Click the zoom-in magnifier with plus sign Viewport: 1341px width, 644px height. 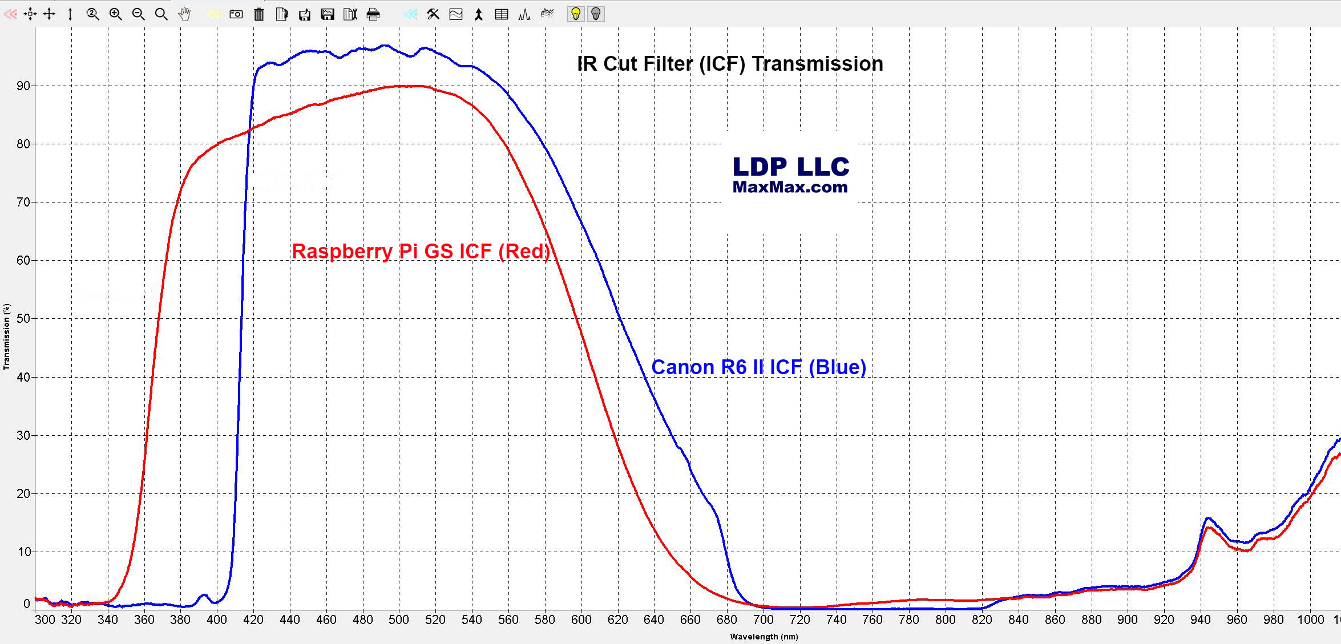point(115,14)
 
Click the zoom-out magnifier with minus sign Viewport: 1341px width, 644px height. point(138,14)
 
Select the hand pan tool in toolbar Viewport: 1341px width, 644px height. point(184,14)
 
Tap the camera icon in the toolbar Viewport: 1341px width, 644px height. point(236,14)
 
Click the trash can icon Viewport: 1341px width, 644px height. point(259,14)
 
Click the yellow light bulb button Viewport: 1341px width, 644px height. point(576,14)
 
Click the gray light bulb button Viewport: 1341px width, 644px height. point(596,14)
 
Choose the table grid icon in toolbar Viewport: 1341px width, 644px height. point(502,14)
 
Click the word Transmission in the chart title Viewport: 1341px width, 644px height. point(817,64)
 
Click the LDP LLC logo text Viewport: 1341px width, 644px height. point(791,167)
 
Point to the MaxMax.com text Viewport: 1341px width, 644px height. point(790,187)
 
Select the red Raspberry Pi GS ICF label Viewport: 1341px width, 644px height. point(421,252)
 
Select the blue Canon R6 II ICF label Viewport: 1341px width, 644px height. point(758,367)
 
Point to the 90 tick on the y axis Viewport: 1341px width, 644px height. point(23,86)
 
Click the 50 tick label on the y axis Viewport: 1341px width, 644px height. point(23,319)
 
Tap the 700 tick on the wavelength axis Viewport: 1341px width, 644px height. point(764,620)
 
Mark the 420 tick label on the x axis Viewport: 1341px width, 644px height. point(253,620)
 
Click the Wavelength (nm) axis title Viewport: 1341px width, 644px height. point(764,637)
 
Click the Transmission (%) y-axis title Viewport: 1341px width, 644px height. point(7,337)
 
